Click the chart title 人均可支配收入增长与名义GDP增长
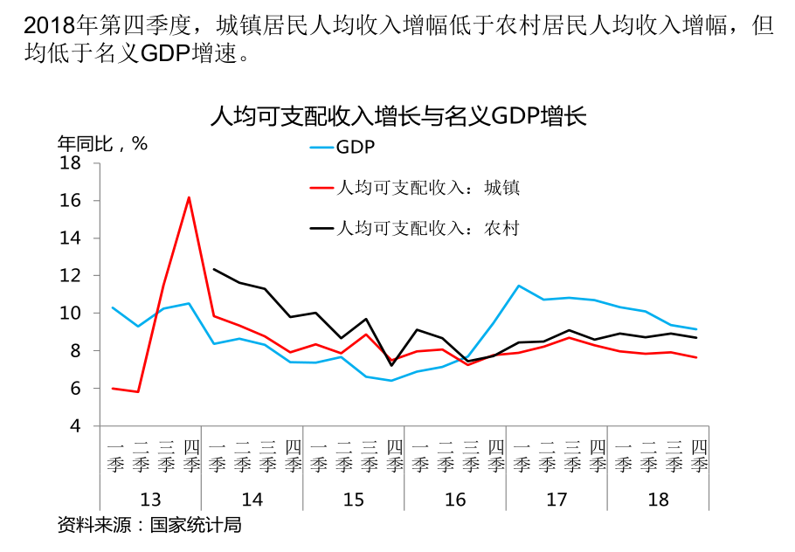click(x=397, y=116)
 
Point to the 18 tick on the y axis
click(x=70, y=163)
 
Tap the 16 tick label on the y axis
click(x=70, y=201)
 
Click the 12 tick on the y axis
click(x=70, y=276)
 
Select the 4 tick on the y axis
click(x=74, y=426)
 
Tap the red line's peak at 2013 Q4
click(x=189, y=197)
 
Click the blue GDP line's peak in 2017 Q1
click(x=519, y=286)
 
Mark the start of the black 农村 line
click(x=214, y=269)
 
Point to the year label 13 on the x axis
click(x=150, y=500)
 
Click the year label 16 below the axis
click(x=455, y=500)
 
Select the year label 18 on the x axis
click(x=658, y=500)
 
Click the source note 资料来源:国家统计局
click(x=149, y=526)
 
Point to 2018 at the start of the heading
click(x=38, y=24)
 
